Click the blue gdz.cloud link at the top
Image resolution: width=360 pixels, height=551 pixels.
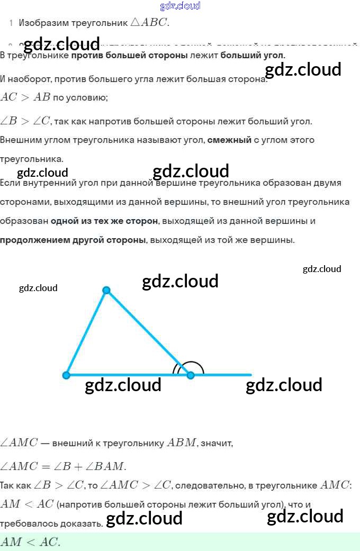click(x=180, y=6)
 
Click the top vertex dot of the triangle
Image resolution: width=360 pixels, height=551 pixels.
click(x=106, y=290)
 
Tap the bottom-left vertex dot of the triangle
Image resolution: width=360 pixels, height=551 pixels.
click(x=66, y=375)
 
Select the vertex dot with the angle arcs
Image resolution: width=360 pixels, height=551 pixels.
click(x=191, y=375)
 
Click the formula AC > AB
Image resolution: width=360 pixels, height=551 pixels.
click(x=25, y=97)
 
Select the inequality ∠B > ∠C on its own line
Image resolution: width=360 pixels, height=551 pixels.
click(x=25, y=121)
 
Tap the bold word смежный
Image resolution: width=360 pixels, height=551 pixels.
click(x=229, y=140)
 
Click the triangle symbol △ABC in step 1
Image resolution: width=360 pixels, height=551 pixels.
click(x=150, y=23)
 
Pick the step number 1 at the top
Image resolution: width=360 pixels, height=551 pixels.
click(x=11, y=23)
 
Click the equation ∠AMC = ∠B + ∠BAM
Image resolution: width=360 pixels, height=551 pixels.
click(x=63, y=466)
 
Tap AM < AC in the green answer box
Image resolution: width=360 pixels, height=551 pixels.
click(x=30, y=541)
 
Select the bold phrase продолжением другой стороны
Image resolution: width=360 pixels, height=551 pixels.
click(x=73, y=240)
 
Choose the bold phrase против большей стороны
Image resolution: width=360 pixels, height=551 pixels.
click(x=129, y=55)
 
